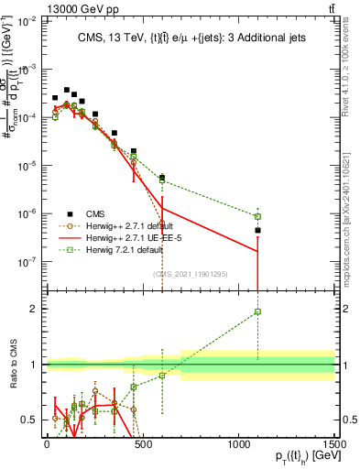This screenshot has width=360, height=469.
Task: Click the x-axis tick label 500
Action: pos(142,442)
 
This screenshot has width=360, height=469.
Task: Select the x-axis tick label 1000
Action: pos(238,442)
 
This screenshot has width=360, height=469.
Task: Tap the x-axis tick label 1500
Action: pos(333,442)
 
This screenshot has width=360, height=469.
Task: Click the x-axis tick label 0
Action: pos(47,442)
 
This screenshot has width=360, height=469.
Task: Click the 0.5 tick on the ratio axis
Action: pos(31,420)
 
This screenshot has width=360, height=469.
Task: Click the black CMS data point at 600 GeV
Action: pos(162,178)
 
